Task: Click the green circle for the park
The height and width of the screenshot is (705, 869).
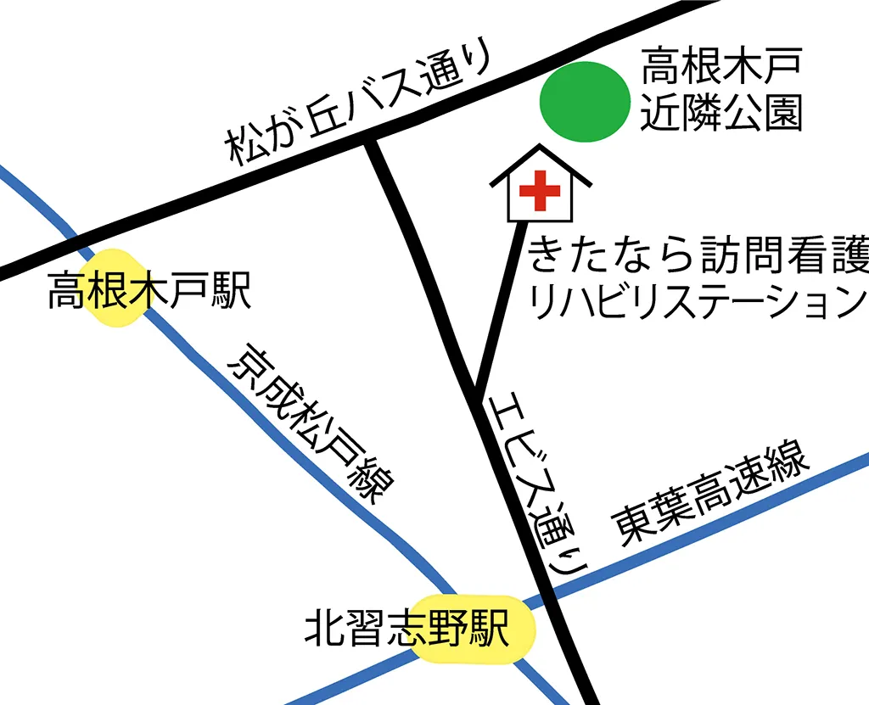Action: (585, 102)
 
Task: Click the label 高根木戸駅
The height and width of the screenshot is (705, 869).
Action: (149, 288)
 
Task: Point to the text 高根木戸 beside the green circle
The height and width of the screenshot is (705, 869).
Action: (721, 66)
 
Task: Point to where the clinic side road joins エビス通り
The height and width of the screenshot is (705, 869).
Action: (476, 392)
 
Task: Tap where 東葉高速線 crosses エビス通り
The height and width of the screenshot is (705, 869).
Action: (548, 594)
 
